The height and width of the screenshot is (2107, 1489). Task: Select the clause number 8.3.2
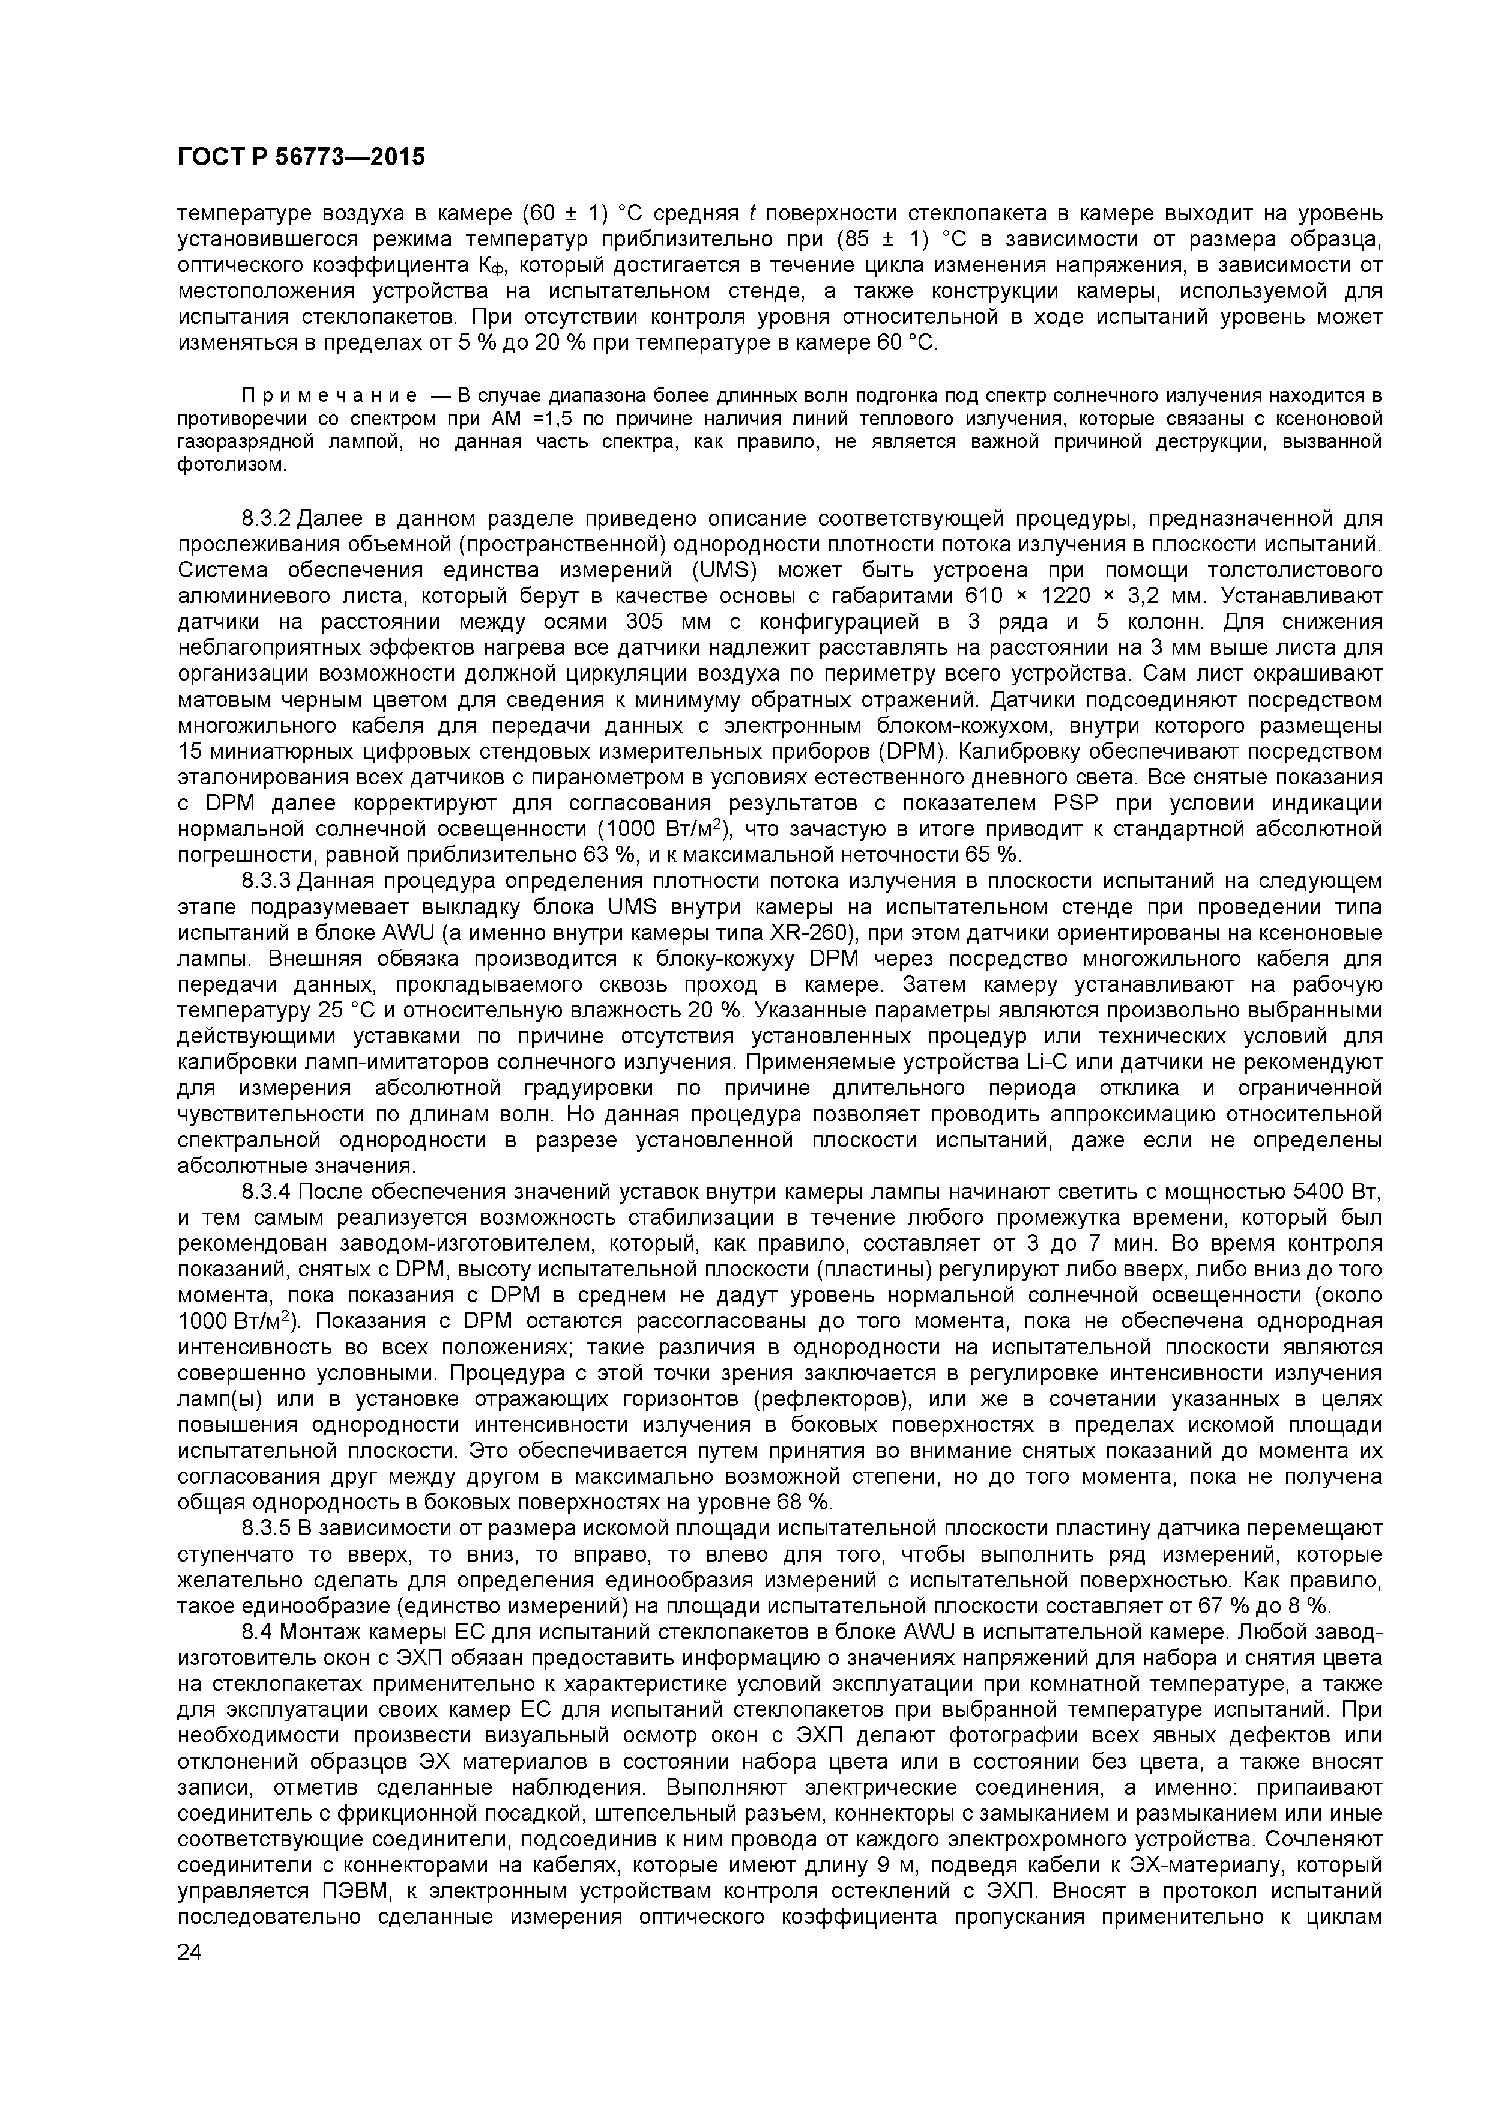point(267,518)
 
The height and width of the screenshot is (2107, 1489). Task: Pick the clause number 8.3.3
point(267,881)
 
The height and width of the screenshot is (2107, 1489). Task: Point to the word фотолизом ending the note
point(231,465)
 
